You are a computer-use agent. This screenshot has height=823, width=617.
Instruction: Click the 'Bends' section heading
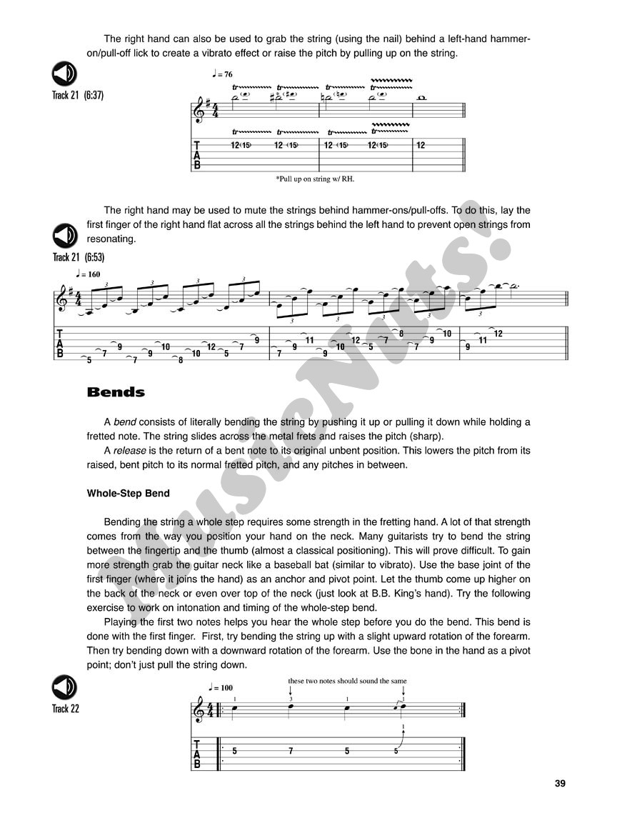pyautogui.click(x=116, y=392)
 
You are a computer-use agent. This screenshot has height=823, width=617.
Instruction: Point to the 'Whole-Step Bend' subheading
pyautogui.click(x=128, y=493)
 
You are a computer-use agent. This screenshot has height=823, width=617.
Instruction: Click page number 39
pyautogui.click(x=560, y=784)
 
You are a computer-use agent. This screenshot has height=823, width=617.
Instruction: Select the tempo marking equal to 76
pyautogui.click(x=222, y=74)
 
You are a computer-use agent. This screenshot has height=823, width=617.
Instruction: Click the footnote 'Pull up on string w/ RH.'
pyautogui.click(x=315, y=179)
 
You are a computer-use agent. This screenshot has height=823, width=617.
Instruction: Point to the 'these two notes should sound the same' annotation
pyautogui.click(x=347, y=681)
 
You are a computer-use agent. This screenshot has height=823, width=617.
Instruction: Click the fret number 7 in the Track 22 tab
pyautogui.click(x=291, y=751)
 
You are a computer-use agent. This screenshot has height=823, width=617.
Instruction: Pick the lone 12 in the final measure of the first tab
pyautogui.click(x=421, y=145)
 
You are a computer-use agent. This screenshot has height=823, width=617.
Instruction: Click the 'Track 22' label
pyautogui.click(x=66, y=709)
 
